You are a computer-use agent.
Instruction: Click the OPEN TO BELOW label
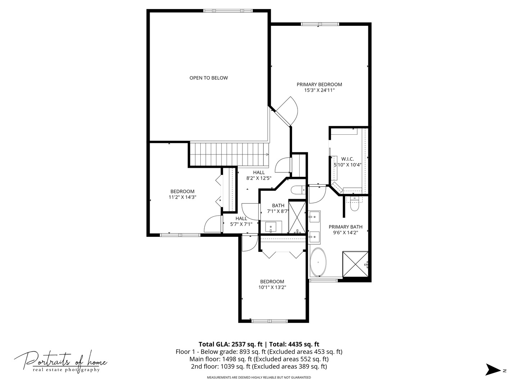(x=208, y=78)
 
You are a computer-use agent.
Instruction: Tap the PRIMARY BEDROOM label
(x=319, y=84)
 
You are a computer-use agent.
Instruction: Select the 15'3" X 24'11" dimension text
(x=319, y=91)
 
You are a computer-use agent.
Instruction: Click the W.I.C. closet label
(x=347, y=159)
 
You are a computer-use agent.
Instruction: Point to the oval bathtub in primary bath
(x=319, y=262)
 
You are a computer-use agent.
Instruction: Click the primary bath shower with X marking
(x=355, y=264)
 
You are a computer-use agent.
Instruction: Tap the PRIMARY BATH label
(x=345, y=227)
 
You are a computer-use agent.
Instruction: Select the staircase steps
(x=229, y=154)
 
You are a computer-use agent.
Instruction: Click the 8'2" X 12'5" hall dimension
(x=259, y=178)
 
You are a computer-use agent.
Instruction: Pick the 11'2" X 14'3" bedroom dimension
(x=182, y=197)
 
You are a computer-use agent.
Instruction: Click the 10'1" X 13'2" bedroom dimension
(x=272, y=287)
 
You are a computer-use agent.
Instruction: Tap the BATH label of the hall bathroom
(x=278, y=205)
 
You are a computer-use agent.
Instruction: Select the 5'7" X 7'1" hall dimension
(x=241, y=224)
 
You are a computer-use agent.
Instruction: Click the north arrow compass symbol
(x=493, y=370)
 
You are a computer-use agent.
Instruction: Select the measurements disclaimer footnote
(x=259, y=378)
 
